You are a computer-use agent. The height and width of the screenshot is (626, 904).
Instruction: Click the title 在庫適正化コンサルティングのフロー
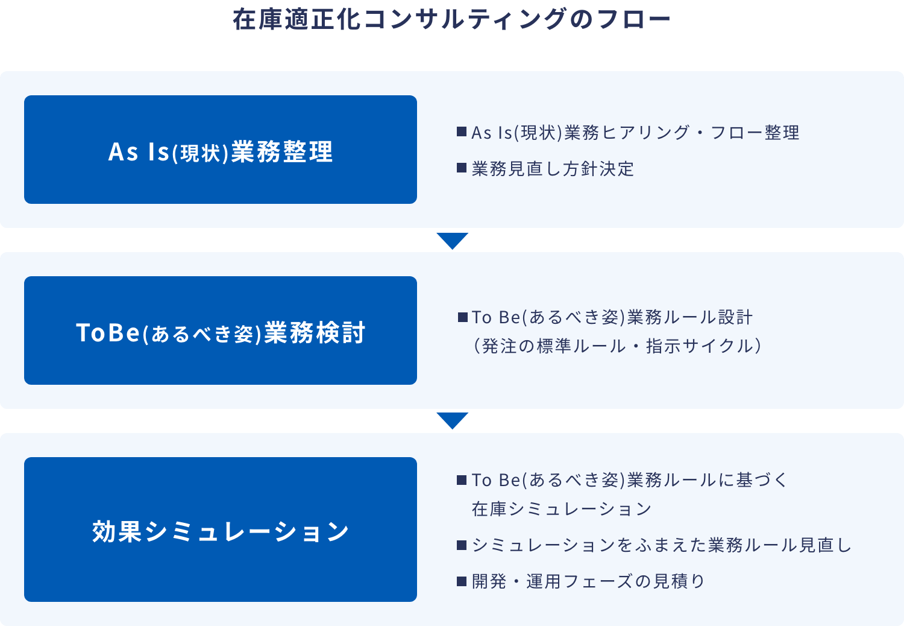[x=451, y=19]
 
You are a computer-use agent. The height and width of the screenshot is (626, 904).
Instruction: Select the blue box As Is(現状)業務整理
[x=221, y=150]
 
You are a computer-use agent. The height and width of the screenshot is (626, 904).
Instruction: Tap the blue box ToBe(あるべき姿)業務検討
[x=221, y=330]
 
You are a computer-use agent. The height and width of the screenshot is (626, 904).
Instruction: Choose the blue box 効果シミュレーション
[x=221, y=530]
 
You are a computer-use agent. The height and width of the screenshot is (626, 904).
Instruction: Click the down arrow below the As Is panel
[x=453, y=240]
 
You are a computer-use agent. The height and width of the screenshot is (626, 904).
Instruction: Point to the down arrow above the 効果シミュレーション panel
[x=453, y=420]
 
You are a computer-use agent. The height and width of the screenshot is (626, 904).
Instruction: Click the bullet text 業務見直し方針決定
[x=553, y=168]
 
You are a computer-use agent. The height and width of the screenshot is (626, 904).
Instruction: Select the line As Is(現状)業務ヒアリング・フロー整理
[x=635, y=133]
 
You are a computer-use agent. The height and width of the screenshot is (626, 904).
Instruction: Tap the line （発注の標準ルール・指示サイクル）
[x=618, y=346]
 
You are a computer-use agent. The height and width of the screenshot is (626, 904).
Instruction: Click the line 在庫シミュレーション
[x=561, y=509]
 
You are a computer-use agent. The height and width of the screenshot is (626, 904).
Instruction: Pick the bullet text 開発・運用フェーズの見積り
[x=588, y=581]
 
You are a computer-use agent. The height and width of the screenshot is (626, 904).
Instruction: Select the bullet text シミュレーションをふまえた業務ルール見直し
[x=661, y=545]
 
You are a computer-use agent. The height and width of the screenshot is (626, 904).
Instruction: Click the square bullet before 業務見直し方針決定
[x=462, y=168]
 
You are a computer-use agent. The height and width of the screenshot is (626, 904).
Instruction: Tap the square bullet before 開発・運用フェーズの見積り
[x=462, y=581]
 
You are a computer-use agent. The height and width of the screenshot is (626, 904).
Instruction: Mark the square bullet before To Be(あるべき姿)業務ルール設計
[x=463, y=317]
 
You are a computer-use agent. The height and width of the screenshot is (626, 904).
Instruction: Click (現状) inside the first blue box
[x=201, y=153]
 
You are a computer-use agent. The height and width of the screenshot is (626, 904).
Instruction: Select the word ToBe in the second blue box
[x=108, y=332]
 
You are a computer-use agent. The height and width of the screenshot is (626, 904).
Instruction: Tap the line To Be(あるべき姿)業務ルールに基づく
[x=629, y=480]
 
